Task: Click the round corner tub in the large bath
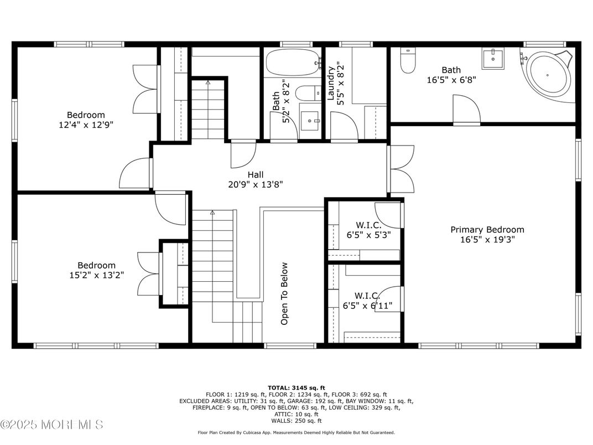coord(547,75)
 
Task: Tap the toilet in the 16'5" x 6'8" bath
coord(408,61)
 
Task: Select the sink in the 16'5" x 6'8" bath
coord(492,58)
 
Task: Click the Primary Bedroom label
coord(487,230)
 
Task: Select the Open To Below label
coord(284,293)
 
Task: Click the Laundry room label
coord(331,84)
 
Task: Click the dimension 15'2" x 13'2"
coord(96,275)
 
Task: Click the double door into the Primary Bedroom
coord(402,168)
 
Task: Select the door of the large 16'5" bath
coord(466,110)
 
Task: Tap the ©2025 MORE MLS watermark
coord(51,425)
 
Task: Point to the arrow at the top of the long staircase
coord(212,211)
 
